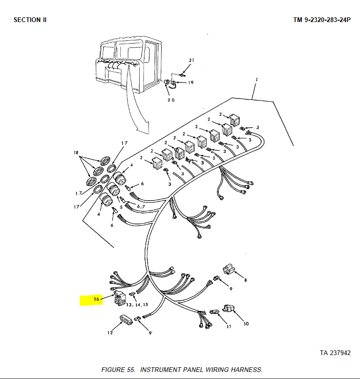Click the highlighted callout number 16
[97, 299]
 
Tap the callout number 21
[192, 60]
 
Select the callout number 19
[191, 83]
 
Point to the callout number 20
[171, 100]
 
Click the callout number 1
[256, 79]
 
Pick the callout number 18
[76, 152]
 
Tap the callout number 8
[246, 280]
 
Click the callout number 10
[246, 324]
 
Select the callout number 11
[229, 326]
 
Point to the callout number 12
[110, 333]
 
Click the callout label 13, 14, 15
[137, 305]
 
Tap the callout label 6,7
[141, 207]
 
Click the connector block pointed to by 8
[228, 269]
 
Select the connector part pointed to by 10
[229, 309]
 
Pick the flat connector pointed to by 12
[126, 319]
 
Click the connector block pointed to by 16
[120, 298]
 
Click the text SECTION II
[30, 20]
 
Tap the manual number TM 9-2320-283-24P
[322, 20]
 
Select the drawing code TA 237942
[335, 353]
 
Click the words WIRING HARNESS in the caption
[234, 370]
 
